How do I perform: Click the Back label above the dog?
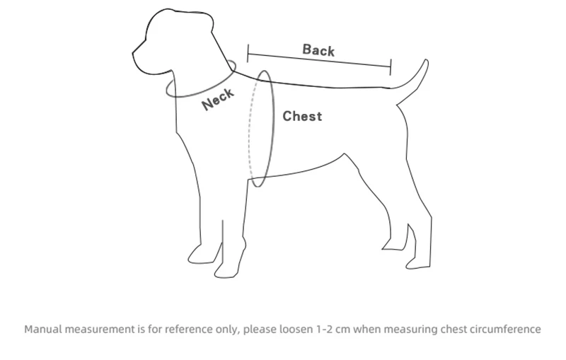pyautogui.click(x=318, y=50)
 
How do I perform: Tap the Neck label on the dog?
pyautogui.click(x=217, y=100)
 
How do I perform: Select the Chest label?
pyautogui.click(x=302, y=116)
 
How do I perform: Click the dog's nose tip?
pyautogui.click(x=134, y=52)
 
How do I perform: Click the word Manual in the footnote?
pyautogui.click(x=44, y=330)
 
